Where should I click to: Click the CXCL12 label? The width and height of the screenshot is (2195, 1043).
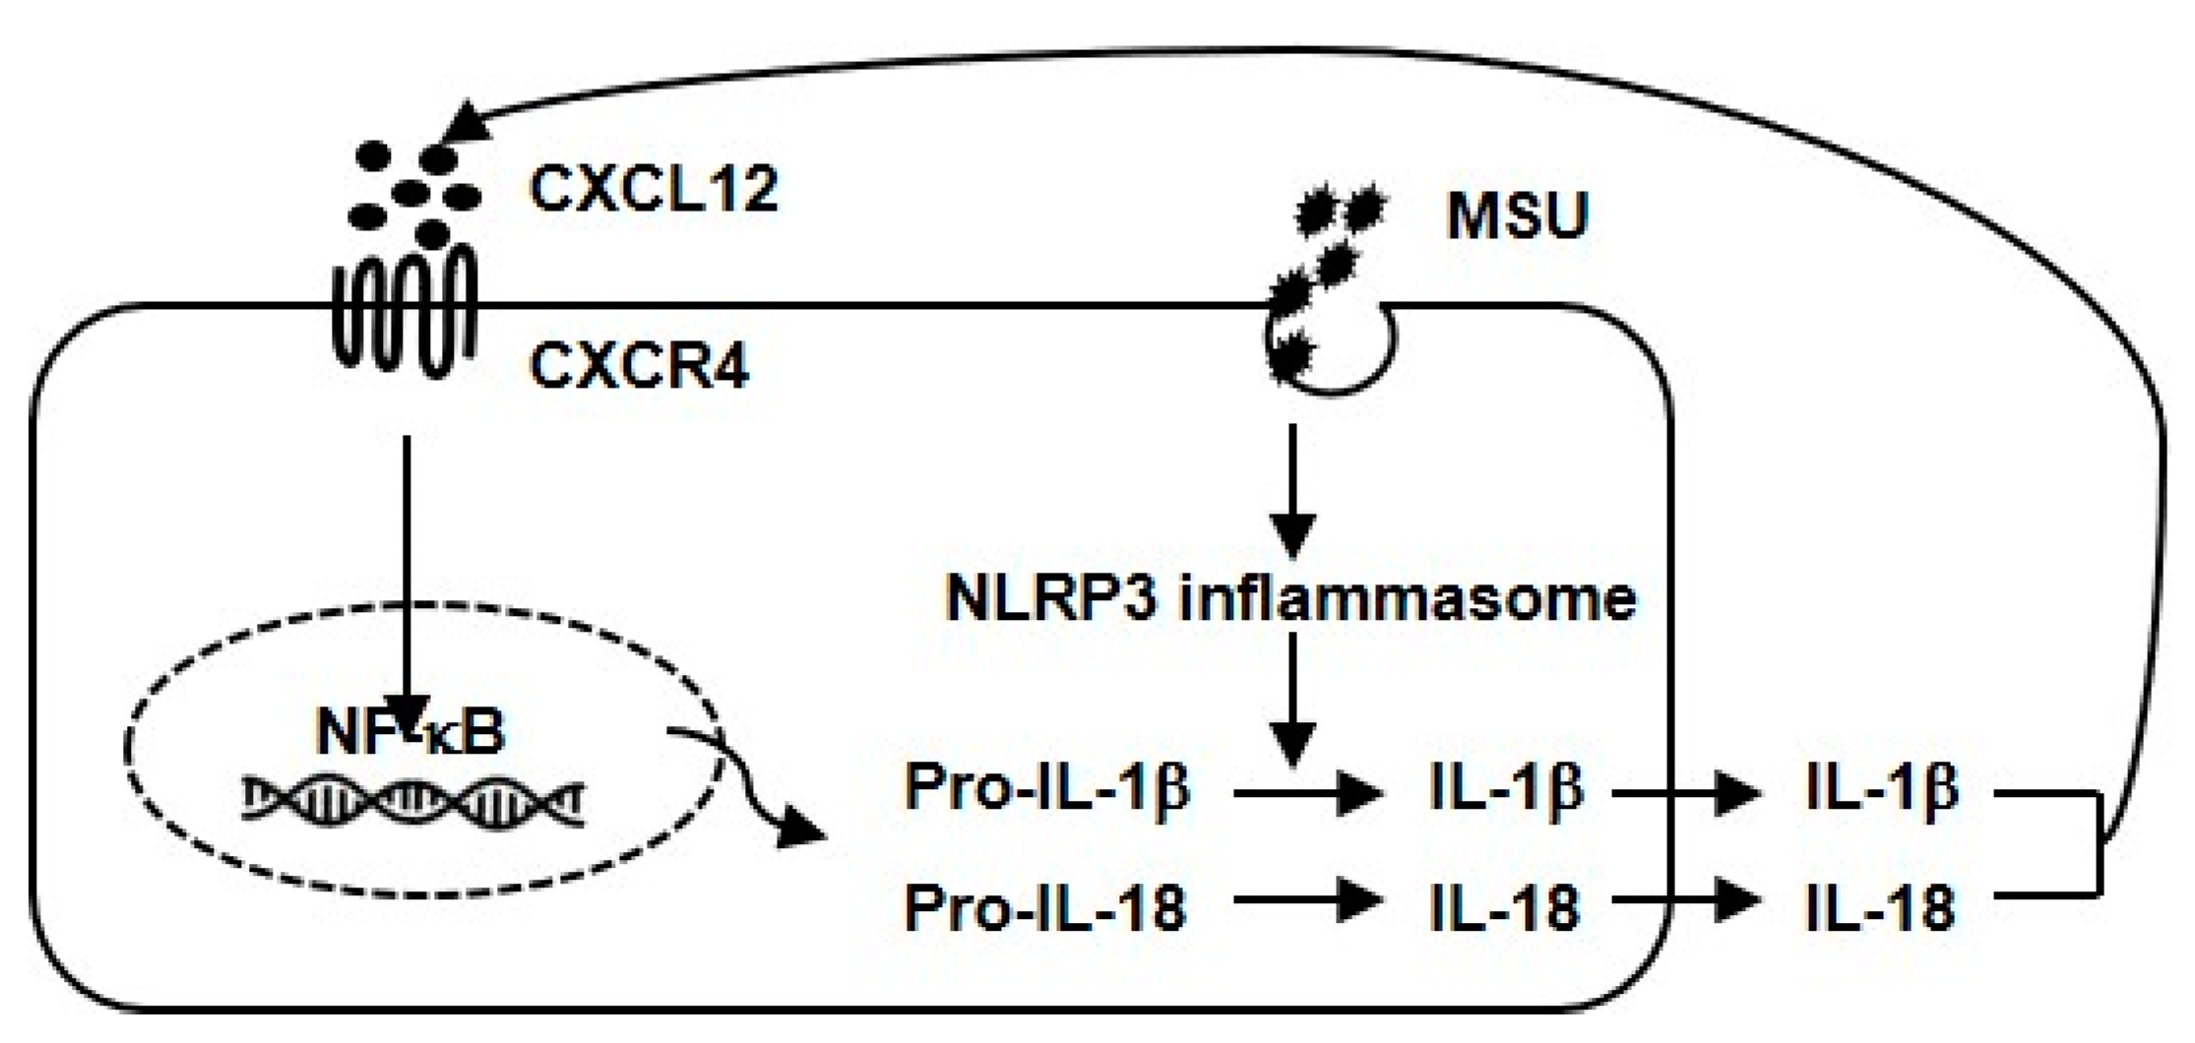pyautogui.click(x=654, y=189)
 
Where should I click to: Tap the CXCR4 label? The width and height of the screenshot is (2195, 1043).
pyautogui.click(x=640, y=367)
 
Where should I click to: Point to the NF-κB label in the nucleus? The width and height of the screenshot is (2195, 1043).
pyautogui.click(x=410, y=732)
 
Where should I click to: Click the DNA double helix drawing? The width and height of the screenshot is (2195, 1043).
pyautogui.click(x=413, y=799)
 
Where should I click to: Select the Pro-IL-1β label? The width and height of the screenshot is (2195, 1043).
pyautogui.click(x=1047, y=788)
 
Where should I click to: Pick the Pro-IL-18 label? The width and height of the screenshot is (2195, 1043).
pyautogui.click(x=1045, y=906)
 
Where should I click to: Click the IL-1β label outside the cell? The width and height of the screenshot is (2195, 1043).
pyautogui.click(x=1882, y=788)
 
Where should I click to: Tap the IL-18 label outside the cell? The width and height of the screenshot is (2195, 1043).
pyautogui.click(x=1880, y=906)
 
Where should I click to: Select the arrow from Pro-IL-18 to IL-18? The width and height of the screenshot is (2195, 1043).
pyautogui.click(x=1304, y=900)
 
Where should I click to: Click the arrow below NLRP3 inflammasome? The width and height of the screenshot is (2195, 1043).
pyautogui.click(x=1292, y=699)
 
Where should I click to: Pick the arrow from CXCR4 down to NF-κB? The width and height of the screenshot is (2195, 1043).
pyautogui.click(x=406, y=571)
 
